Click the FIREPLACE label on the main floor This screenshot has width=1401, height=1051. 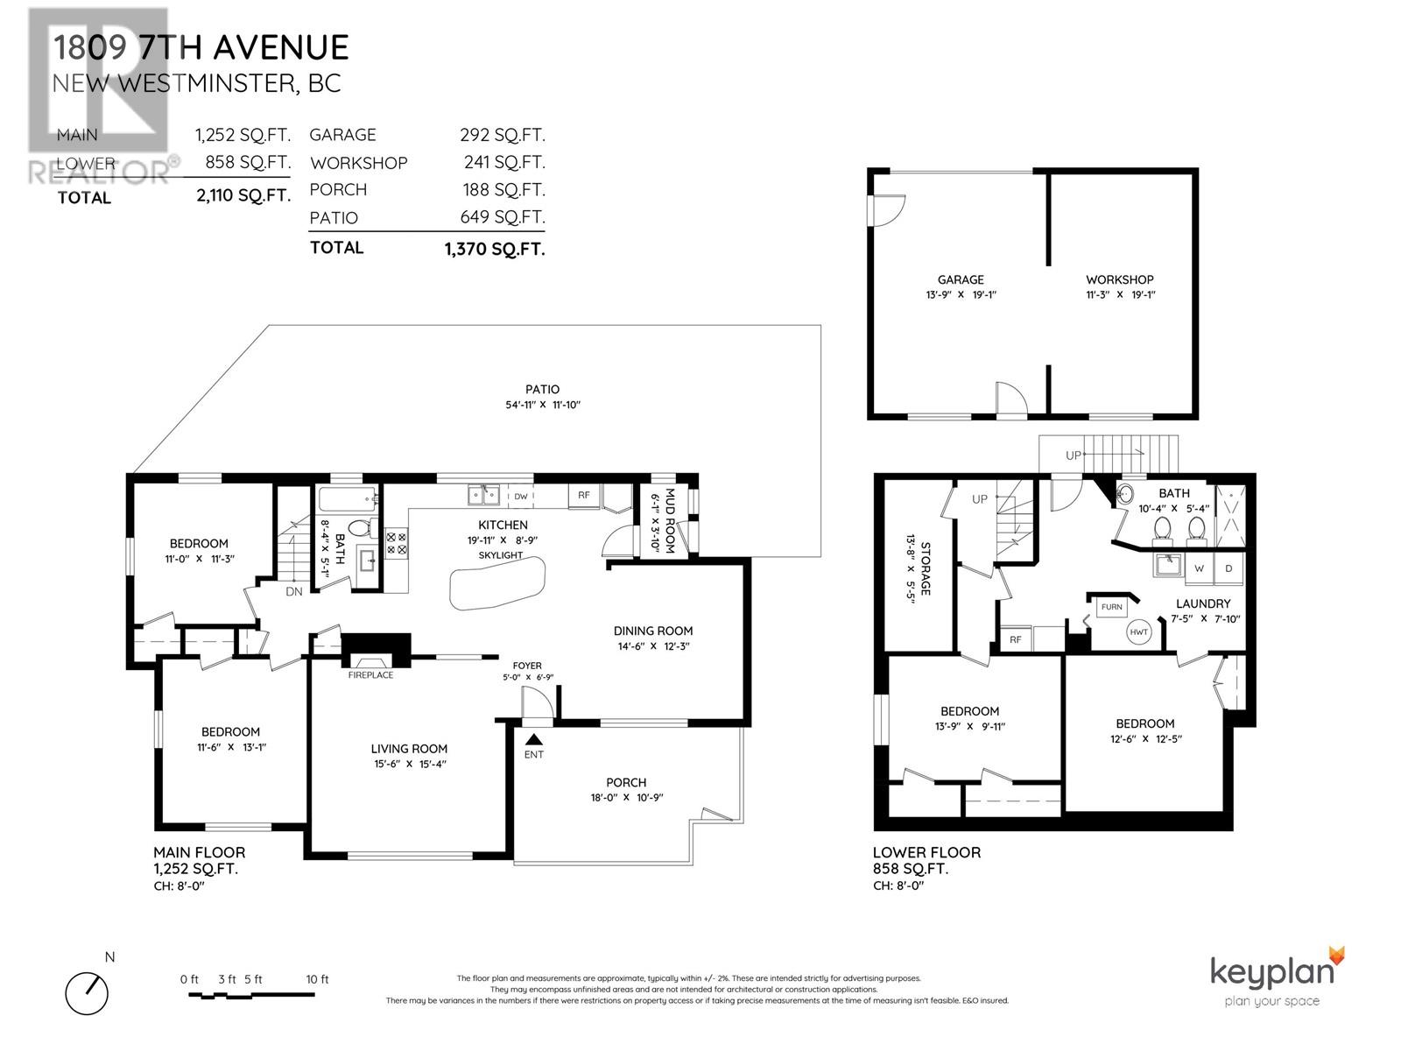pyautogui.click(x=370, y=675)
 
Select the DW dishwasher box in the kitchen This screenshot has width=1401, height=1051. pyautogui.click(x=520, y=497)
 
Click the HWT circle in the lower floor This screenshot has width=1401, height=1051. pyautogui.click(x=1138, y=632)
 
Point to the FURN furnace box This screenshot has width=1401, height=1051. pyautogui.click(x=1111, y=607)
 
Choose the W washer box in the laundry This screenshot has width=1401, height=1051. pyautogui.click(x=1199, y=568)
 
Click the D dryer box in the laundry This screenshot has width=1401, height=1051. pyautogui.click(x=1229, y=568)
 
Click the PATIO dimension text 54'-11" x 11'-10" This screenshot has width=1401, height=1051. pyautogui.click(x=543, y=405)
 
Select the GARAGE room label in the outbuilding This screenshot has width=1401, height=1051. pyautogui.click(x=961, y=279)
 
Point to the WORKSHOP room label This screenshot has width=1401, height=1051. pyautogui.click(x=1120, y=279)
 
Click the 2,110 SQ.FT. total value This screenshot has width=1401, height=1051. pyautogui.click(x=243, y=196)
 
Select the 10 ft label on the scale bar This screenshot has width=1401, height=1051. pyautogui.click(x=317, y=979)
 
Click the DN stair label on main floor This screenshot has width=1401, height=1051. pyautogui.click(x=294, y=591)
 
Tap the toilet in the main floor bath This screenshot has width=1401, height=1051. pyautogui.click(x=359, y=529)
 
